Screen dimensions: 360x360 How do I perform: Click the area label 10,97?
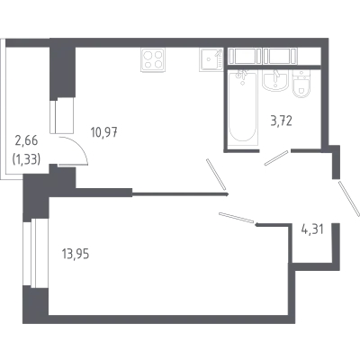pyautogui.click(x=104, y=132)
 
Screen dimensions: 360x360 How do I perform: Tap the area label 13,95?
pyautogui.click(x=76, y=255)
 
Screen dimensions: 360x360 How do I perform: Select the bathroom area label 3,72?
pyautogui.click(x=281, y=121)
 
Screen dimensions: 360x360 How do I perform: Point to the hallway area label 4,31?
pyautogui.click(x=312, y=229)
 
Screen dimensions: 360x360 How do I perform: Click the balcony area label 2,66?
pyautogui.click(x=26, y=140)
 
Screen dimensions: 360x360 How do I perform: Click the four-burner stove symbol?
pyautogui.click(x=153, y=59)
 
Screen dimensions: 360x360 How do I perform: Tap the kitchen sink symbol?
pyautogui.click(x=211, y=59)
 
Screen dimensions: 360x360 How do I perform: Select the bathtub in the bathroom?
pyautogui.click(x=242, y=106)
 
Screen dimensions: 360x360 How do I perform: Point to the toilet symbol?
pyautogui.click(x=301, y=84)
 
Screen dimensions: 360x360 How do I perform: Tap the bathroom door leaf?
pyautogui.click(x=276, y=157)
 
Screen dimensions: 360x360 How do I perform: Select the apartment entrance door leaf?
pyautogui.click(x=348, y=198)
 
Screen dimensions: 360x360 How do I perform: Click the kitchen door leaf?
pyautogui.click(x=216, y=175)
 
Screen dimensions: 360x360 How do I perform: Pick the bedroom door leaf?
pyautogui.click(x=237, y=218)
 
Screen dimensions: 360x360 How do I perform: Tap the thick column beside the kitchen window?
pyautogui.click(x=62, y=72)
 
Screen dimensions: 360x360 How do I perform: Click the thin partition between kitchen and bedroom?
pyautogui.click(x=180, y=194)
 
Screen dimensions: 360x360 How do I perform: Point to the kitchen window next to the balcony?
pyautogui.click(x=62, y=115)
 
